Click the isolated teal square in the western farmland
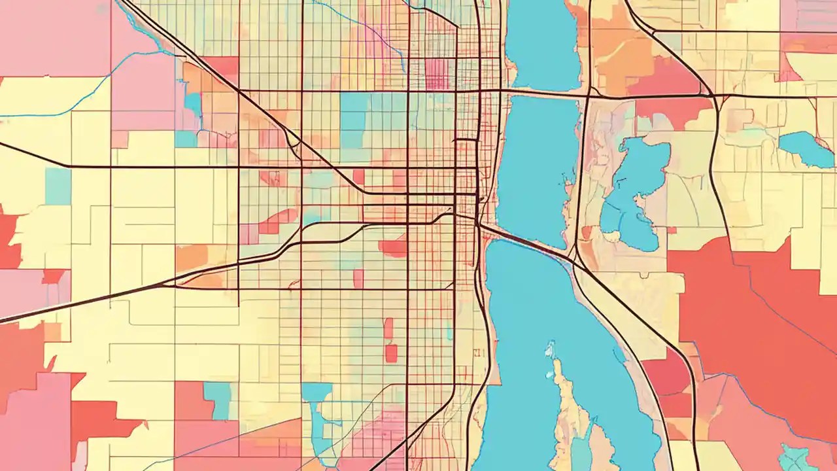58,186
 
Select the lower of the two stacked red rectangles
391,353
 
